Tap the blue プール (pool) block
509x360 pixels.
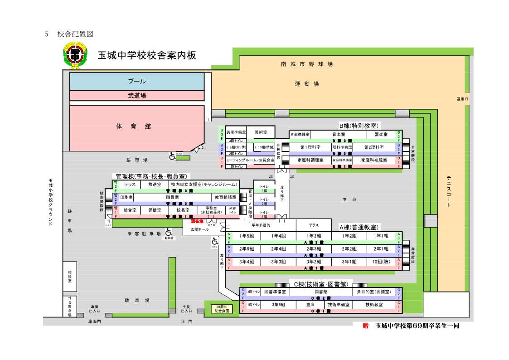(x=136, y=82)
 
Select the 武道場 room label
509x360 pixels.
(x=136, y=96)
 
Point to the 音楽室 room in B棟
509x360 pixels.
(x=336, y=135)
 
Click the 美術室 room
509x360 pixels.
(x=261, y=132)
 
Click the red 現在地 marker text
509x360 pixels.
(x=197, y=221)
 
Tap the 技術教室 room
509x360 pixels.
(x=374, y=305)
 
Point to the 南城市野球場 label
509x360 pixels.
(x=306, y=64)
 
